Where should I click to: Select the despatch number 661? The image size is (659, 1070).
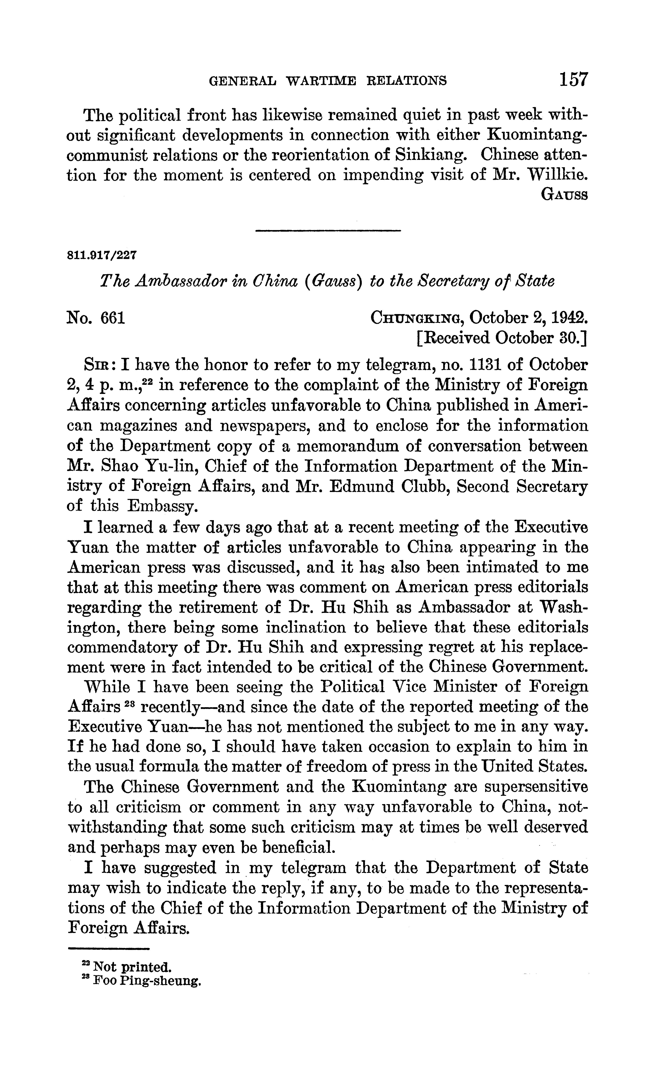113,318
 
